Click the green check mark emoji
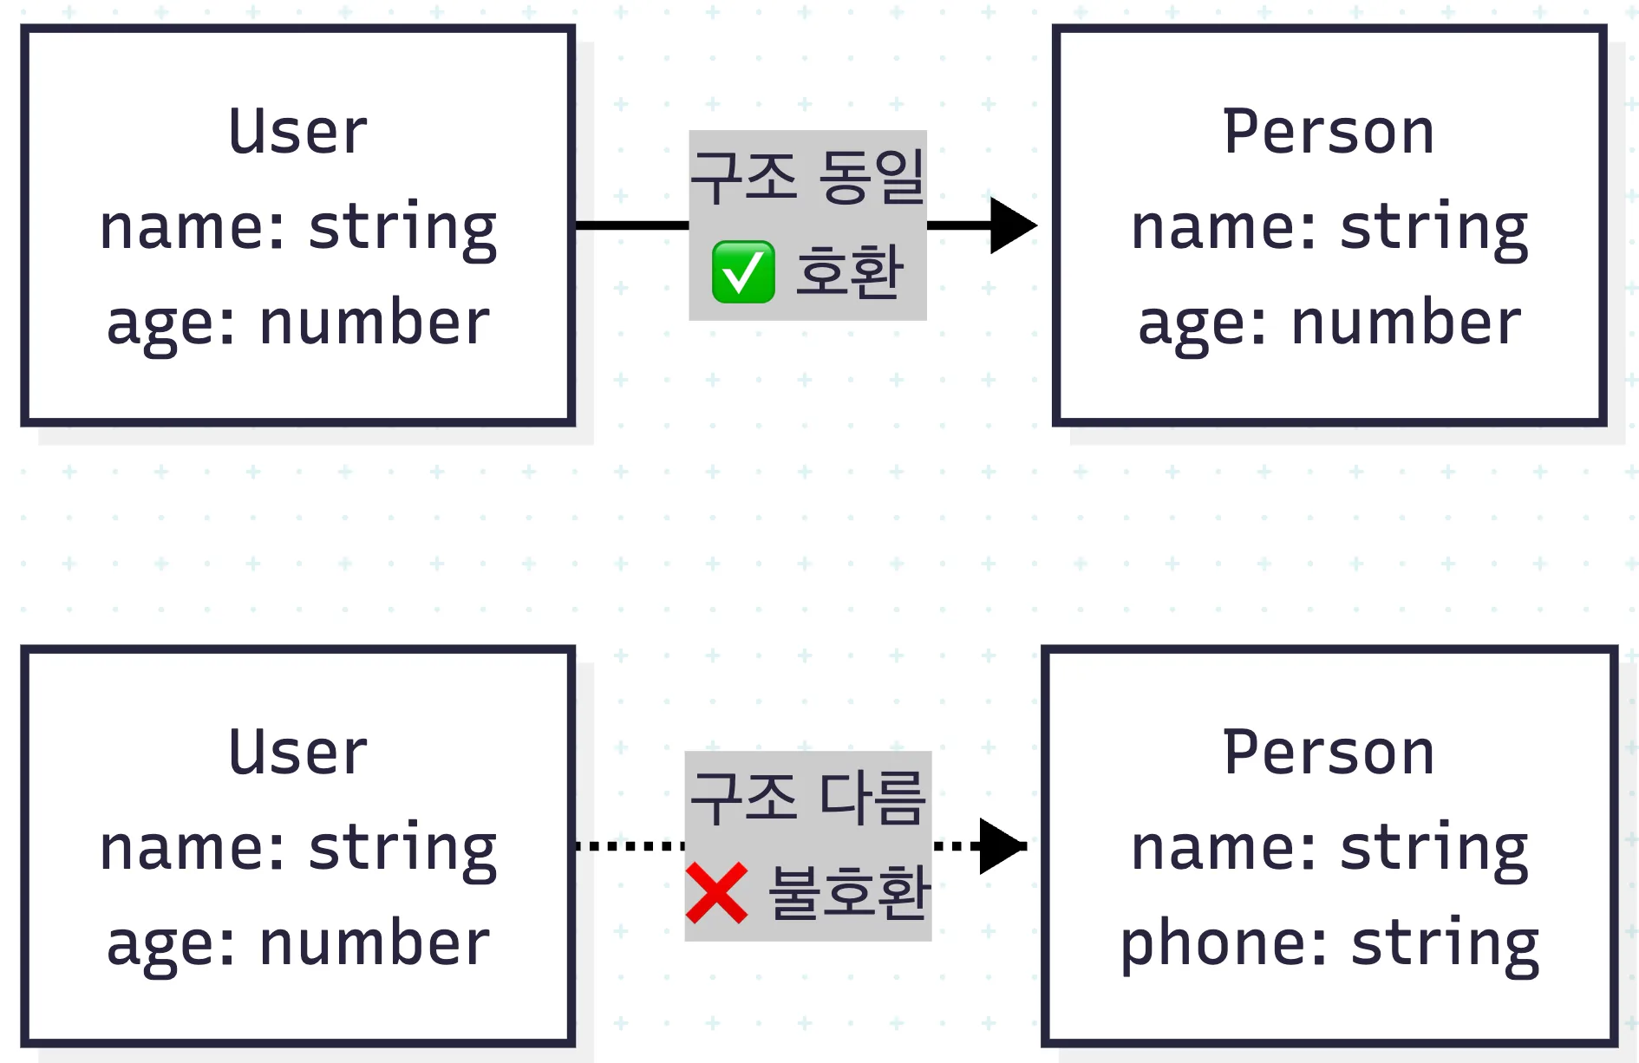743,272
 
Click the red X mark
716,893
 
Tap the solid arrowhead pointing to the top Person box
1014,225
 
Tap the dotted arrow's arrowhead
1003,845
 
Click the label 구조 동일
808,177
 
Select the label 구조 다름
808,798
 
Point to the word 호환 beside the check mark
850,272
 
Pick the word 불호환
850,893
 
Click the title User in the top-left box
298,132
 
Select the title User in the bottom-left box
298,753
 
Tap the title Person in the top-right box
1329,132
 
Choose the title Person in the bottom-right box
1329,753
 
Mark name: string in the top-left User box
298,228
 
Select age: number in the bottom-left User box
298,944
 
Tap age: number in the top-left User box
298,323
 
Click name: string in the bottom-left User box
298,849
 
